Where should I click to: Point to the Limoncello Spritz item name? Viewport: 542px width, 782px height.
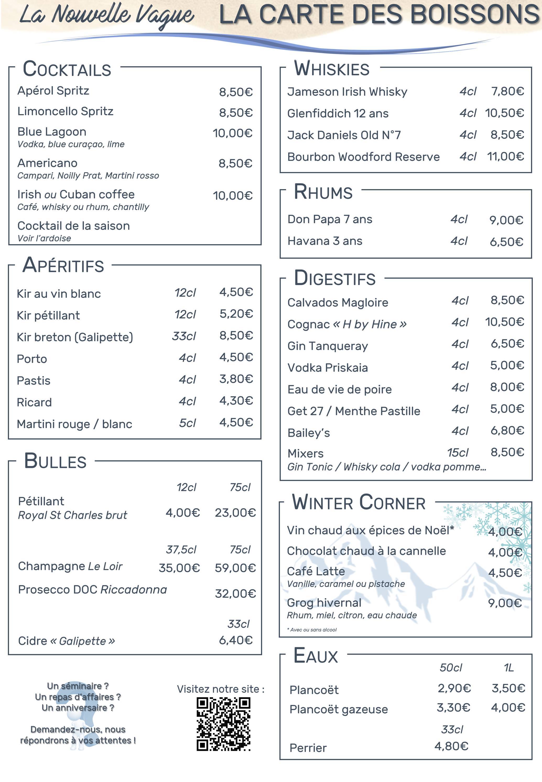(x=65, y=111)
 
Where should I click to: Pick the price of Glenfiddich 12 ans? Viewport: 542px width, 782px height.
(x=504, y=113)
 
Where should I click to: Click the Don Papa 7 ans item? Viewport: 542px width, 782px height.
(x=330, y=219)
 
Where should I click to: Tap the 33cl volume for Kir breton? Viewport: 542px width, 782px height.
(x=184, y=336)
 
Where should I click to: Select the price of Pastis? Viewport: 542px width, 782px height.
(x=236, y=379)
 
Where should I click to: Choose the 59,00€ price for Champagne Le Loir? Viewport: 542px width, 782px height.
(x=235, y=568)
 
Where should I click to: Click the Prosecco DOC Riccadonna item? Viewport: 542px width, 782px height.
(x=92, y=590)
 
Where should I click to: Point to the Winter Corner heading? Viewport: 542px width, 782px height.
(x=358, y=502)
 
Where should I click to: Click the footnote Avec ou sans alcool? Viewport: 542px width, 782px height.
(x=312, y=629)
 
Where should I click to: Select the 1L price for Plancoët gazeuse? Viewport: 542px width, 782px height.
(x=508, y=708)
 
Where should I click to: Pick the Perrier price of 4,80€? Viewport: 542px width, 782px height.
(x=451, y=746)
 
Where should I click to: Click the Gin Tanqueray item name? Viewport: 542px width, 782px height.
(x=327, y=346)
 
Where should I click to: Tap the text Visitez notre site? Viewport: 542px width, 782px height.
(x=220, y=689)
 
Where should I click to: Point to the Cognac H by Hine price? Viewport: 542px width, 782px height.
(x=504, y=322)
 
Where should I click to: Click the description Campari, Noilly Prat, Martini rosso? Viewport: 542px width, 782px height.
(x=88, y=176)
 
